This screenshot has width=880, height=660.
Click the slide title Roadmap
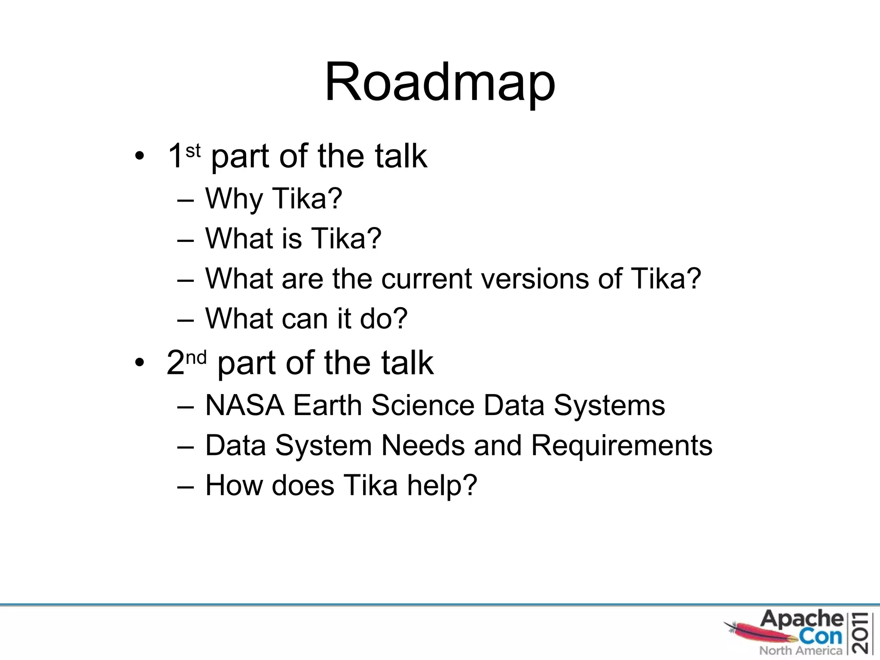(440, 82)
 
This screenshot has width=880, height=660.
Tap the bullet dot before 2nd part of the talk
(139, 363)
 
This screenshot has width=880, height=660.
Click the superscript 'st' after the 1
(193, 151)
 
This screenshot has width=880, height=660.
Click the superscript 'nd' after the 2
(196, 357)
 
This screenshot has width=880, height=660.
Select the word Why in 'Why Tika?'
(234, 199)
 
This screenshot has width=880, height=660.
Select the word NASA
(244, 405)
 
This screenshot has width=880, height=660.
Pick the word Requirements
(622, 445)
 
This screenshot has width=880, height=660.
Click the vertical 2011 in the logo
(862, 633)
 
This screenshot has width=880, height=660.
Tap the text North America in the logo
(800, 651)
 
